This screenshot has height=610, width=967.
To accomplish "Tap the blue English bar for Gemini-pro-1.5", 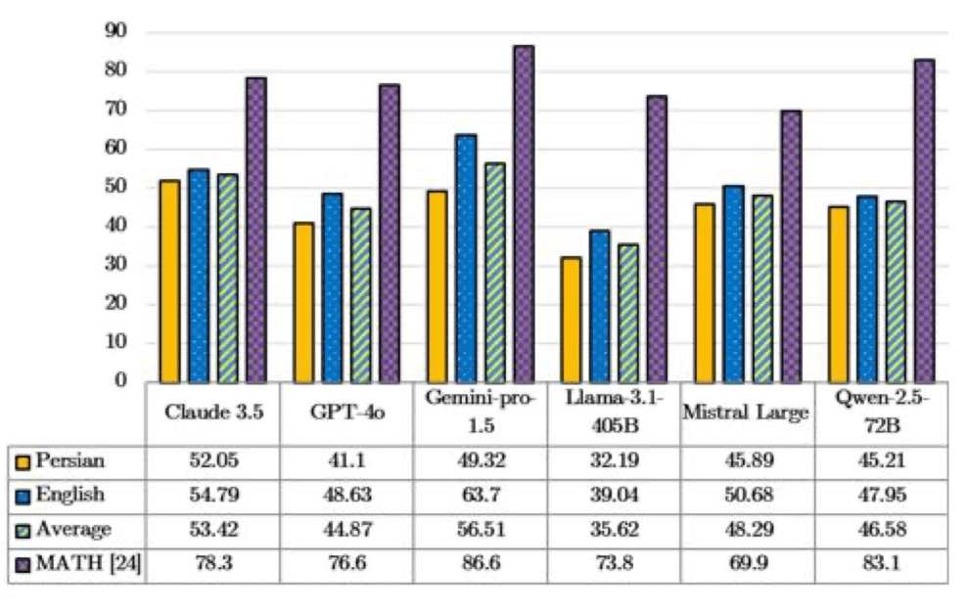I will click(467, 258).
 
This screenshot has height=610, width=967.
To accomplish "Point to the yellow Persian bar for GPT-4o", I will click(303, 302).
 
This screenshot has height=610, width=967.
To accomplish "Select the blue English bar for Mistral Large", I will click(733, 283).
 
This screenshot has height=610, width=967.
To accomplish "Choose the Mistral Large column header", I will click(746, 414).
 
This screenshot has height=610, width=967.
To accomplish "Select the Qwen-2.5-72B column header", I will click(880, 414).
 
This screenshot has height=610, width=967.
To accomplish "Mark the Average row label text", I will click(74, 529).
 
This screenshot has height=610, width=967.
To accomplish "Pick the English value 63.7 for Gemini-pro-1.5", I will click(479, 495).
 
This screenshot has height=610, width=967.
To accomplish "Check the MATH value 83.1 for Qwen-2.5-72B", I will click(880, 564).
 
